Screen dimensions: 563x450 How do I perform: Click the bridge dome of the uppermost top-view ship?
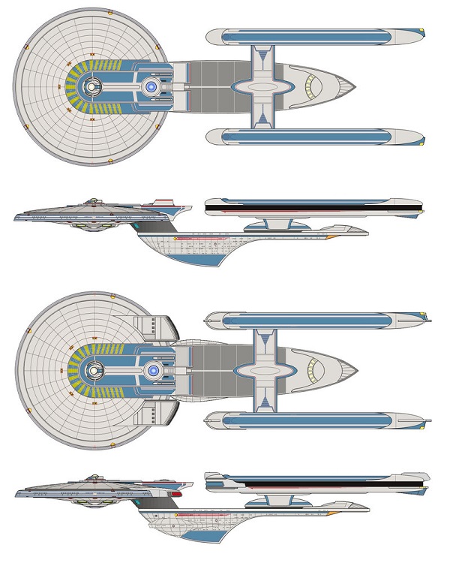click(x=91, y=89)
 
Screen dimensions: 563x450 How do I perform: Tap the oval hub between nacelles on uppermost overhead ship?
click(x=262, y=87)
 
